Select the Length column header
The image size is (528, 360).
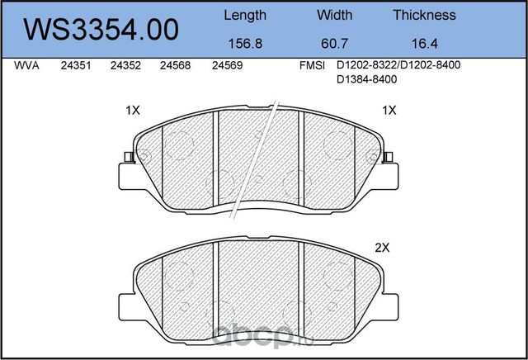245,15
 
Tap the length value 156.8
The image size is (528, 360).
245,45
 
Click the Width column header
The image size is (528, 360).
334,15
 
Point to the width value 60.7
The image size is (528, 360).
334,45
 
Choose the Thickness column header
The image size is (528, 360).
424,15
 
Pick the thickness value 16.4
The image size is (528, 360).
424,45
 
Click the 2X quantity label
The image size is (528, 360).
382,247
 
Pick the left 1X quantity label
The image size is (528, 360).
133,110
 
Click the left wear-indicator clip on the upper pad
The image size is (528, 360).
126,157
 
